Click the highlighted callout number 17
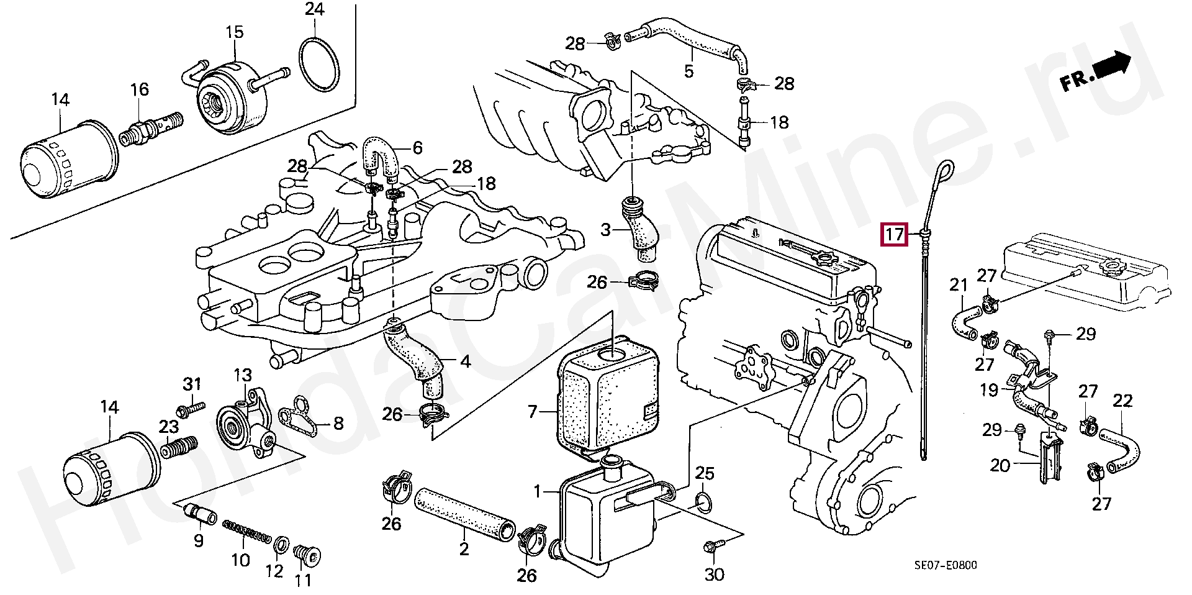[x=894, y=234]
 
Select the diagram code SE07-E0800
[x=945, y=565]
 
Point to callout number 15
[x=235, y=32]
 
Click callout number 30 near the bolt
[x=715, y=575]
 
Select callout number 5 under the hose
[x=689, y=70]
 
